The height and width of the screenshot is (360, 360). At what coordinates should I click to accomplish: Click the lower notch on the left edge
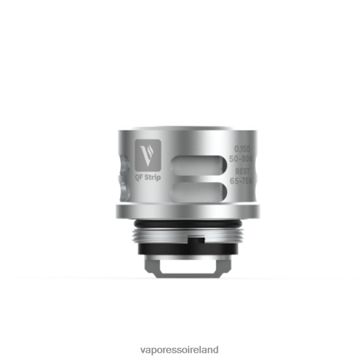tap(123, 189)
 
